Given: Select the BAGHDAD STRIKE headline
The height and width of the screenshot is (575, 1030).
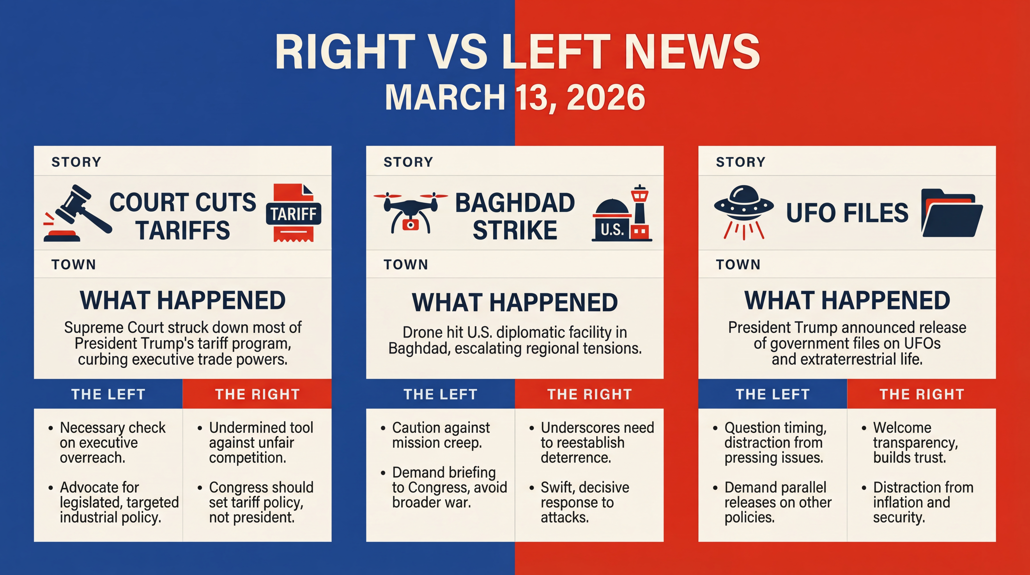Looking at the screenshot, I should tap(515, 216).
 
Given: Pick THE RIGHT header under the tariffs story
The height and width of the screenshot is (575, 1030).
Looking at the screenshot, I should tap(257, 394).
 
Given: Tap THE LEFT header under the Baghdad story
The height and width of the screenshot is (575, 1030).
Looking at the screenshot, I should tap(440, 394).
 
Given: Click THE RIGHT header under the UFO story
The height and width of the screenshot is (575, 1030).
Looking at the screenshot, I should tap(922, 394).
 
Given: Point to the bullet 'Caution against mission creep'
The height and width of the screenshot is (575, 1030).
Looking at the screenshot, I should tap(441, 435).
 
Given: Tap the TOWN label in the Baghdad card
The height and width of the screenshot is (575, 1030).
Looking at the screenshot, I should tap(406, 264).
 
